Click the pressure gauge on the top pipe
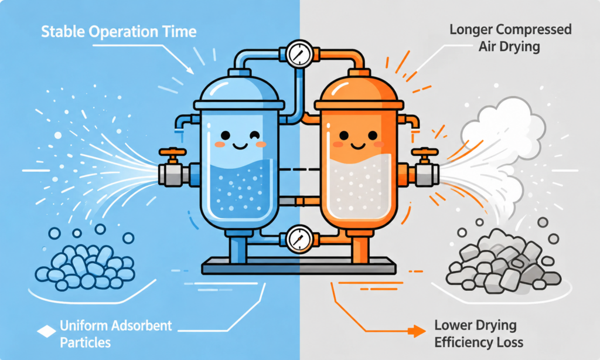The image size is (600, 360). click(299, 54)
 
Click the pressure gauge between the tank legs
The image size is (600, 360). click(299, 239)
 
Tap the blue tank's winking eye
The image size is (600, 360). click(254, 135)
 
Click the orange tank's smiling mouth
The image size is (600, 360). click(358, 147)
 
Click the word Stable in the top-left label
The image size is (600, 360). click(63, 32)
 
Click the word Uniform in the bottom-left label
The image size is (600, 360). click(83, 325)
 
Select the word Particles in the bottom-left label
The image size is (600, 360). click(86, 342)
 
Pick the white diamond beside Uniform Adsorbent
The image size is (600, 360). click(46, 331)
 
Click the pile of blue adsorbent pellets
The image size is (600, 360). click(84, 267)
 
